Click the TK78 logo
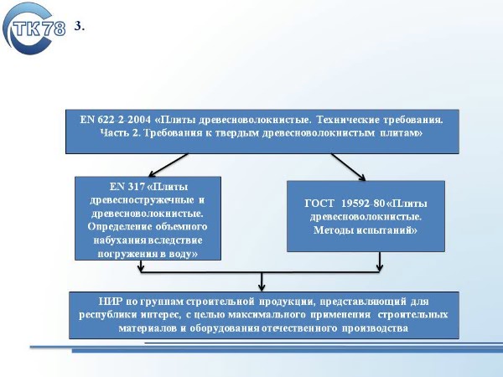34,28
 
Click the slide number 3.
80,26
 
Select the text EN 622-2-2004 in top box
115,120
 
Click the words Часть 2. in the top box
120,132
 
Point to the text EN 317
127,187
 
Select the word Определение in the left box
120,227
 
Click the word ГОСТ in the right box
319,204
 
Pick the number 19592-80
363,204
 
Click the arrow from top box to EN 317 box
169,165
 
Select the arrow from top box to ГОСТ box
349,167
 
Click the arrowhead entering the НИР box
262,287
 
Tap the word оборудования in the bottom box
224,328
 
